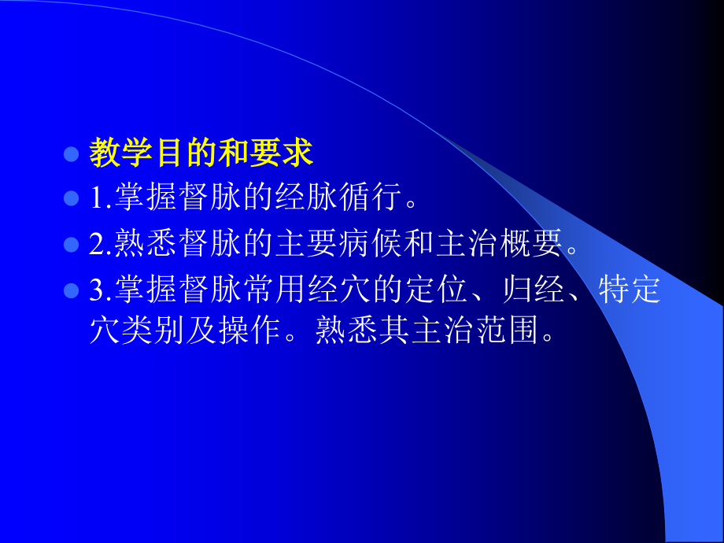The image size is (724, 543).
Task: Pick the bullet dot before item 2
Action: (x=71, y=246)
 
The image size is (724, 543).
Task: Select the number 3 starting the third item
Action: (x=96, y=291)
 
